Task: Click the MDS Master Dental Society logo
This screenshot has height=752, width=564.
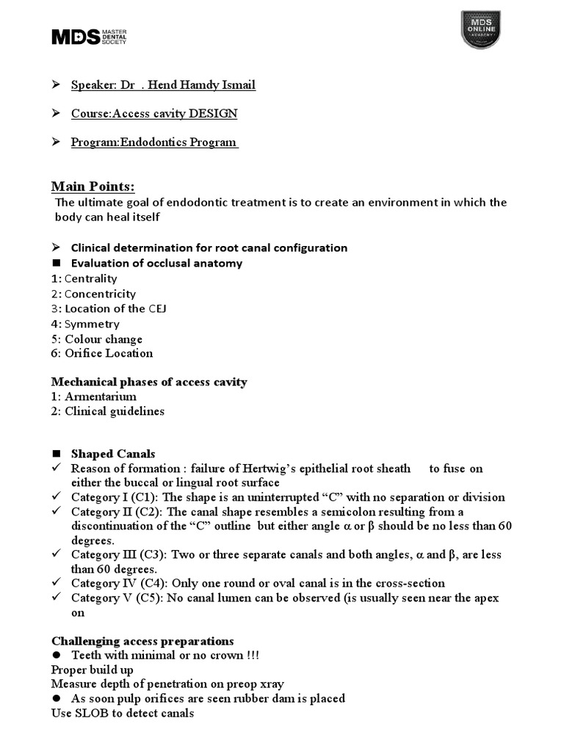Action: [89, 37]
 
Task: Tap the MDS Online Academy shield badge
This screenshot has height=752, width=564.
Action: [480, 29]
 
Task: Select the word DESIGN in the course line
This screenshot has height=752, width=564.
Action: [213, 114]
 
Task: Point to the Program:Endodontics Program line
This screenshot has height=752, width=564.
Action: [154, 142]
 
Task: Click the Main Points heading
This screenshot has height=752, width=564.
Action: [93, 186]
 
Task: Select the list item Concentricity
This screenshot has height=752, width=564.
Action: [100, 294]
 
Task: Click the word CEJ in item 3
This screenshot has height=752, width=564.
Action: [158, 308]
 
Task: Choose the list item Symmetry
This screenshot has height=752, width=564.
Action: [92, 324]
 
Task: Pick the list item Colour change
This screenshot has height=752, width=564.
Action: [104, 339]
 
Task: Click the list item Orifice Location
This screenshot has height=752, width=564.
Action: [109, 353]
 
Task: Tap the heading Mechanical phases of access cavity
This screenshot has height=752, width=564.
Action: [149, 382]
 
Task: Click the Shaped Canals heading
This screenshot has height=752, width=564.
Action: [113, 454]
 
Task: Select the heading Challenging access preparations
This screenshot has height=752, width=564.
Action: [142, 640]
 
